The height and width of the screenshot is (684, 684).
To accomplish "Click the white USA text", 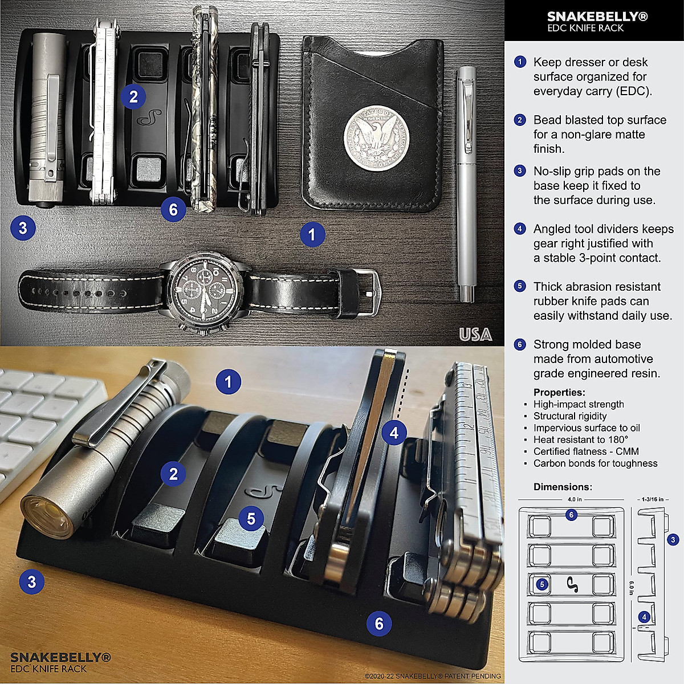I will [x=475, y=335].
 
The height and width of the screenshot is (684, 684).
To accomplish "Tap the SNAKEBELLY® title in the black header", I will [x=597, y=17].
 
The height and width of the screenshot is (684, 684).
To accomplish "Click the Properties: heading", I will [x=559, y=392].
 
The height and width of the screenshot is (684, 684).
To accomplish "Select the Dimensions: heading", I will [x=562, y=487].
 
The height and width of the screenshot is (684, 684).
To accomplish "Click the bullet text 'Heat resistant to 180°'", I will [x=580, y=439].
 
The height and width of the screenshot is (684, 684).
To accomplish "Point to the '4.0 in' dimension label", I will [x=575, y=499].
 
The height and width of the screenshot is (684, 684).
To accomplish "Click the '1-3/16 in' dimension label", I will [x=653, y=499].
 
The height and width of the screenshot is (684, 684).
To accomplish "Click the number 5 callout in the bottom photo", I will [x=251, y=519].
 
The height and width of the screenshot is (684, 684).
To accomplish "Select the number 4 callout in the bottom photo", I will [x=394, y=433].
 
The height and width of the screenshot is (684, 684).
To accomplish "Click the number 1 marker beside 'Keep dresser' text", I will [x=520, y=62].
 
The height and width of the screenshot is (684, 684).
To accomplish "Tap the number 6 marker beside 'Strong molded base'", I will [x=520, y=344].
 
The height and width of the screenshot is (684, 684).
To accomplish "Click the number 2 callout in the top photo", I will [x=133, y=96].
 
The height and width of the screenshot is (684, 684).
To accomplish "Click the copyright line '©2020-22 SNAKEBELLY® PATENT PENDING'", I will [x=432, y=676].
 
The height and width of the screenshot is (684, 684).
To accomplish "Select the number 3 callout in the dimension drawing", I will [x=673, y=539].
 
